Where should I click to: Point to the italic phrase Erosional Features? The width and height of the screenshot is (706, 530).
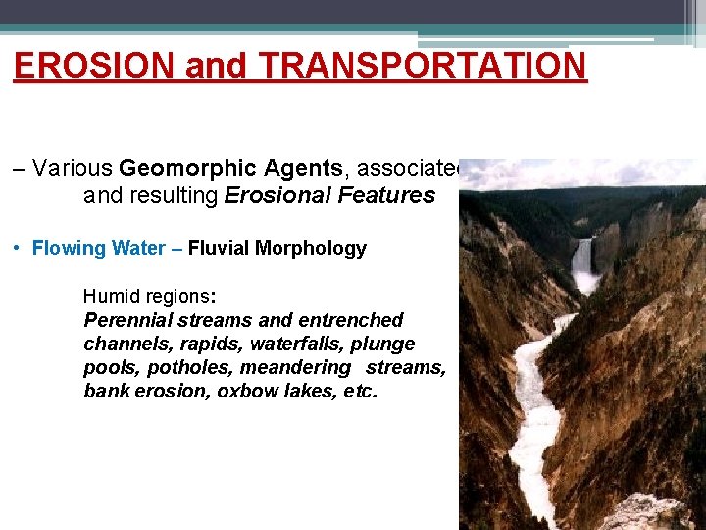coord(329,195)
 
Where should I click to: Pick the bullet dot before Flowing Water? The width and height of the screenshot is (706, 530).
coord(20,248)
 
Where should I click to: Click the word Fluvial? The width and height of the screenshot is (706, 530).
coord(218,248)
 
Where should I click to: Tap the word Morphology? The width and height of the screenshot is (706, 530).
coord(311,248)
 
